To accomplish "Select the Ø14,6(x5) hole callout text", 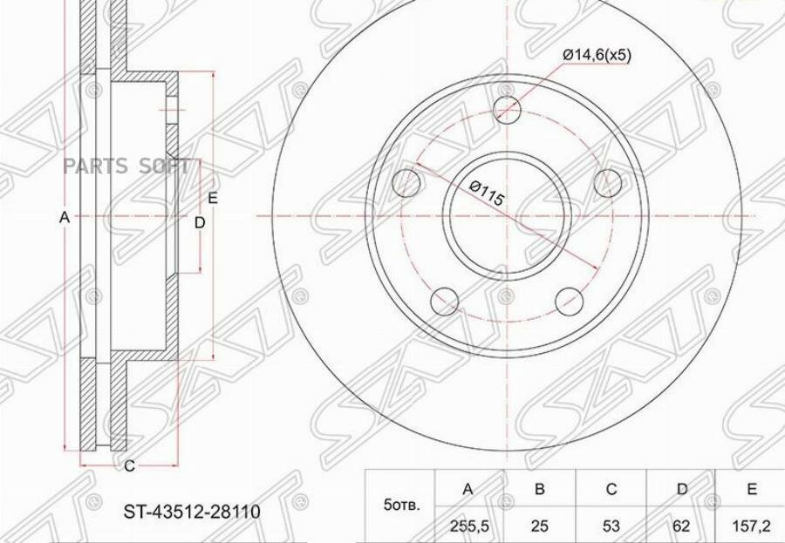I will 597,55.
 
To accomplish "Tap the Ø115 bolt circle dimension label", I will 487,193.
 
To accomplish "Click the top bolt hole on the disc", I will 507,109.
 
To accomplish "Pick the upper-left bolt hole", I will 407,182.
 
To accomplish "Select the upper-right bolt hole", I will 607,182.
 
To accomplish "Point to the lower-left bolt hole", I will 445,299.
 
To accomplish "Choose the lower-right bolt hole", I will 569,299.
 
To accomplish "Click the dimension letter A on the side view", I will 63,217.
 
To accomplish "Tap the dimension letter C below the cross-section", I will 129,466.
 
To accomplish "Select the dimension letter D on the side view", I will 199,223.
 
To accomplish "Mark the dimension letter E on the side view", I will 213,198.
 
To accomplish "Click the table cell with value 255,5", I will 468,526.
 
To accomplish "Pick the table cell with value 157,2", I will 752,526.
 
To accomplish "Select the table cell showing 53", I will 611,526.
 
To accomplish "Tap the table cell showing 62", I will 681,526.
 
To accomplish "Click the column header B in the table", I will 539,489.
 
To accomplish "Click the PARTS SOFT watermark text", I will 126,166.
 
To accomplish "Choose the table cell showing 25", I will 539,526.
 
